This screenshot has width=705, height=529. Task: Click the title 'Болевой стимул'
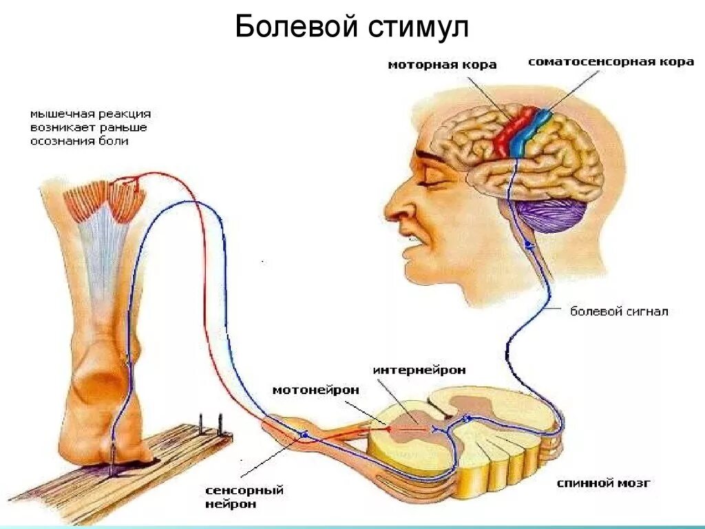pyautogui.click(x=352, y=28)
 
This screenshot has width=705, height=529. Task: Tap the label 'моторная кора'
pyautogui.click(x=442, y=65)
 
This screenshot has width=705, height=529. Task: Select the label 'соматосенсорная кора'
pyautogui.click(x=611, y=62)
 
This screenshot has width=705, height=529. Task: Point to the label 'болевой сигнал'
pyautogui.click(x=618, y=311)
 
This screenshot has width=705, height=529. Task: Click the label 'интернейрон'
pyautogui.click(x=419, y=370)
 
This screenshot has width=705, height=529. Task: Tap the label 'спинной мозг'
pyautogui.click(x=603, y=484)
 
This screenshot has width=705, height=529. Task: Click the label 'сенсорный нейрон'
pyautogui.click(x=244, y=497)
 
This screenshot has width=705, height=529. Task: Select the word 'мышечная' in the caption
pyautogui.click(x=57, y=114)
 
